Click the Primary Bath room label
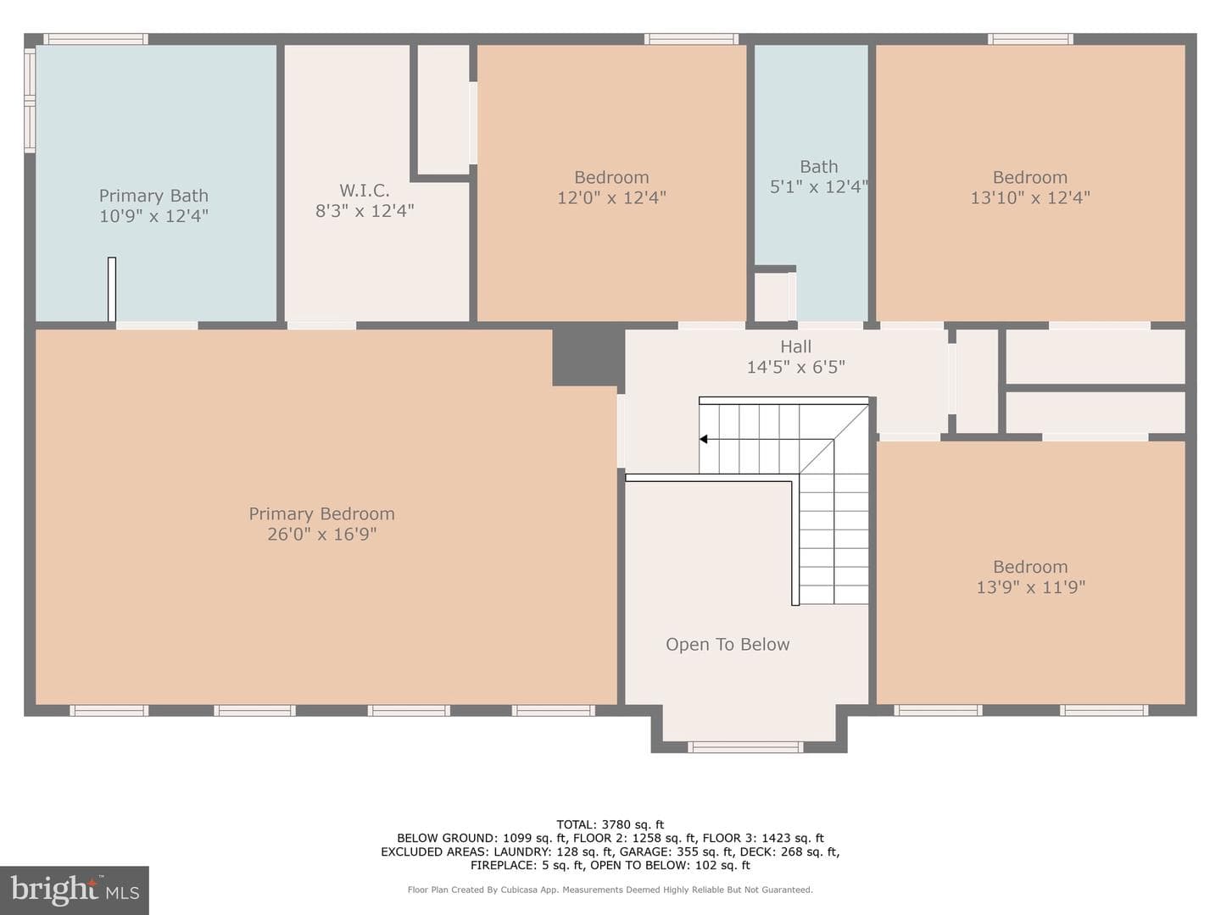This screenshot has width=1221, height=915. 153,196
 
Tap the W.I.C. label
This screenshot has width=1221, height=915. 365,191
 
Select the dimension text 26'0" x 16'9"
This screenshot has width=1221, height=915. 321,534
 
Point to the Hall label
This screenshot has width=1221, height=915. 795,347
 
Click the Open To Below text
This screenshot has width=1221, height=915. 728,645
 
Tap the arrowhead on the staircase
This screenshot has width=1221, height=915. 703,440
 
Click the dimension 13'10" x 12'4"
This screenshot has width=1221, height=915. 1030,197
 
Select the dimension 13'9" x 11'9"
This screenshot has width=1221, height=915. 1031,587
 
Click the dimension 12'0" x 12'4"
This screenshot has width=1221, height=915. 611,197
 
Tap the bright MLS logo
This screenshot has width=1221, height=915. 74,890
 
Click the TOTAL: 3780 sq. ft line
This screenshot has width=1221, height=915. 610,824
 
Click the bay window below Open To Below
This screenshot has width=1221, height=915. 745,747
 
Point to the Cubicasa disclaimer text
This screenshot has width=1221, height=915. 610,890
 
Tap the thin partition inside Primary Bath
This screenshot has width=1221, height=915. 112,289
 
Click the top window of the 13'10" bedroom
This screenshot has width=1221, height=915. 1030,39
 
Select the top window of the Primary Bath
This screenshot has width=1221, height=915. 96,39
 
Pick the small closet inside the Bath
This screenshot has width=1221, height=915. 772,297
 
